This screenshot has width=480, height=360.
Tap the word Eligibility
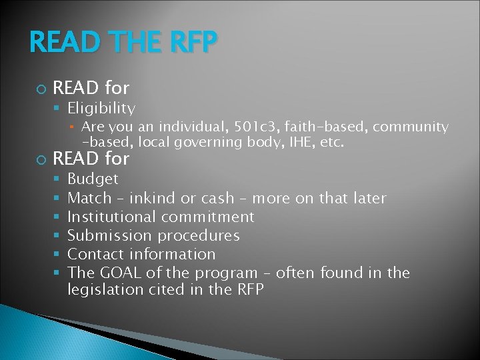tap(101, 108)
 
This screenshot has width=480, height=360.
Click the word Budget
tap(93, 179)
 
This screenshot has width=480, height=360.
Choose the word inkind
tap(153, 198)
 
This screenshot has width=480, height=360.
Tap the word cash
tap(217, 198)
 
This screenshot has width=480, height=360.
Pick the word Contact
tap(96, 254)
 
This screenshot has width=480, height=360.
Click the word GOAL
tap(117, 273)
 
